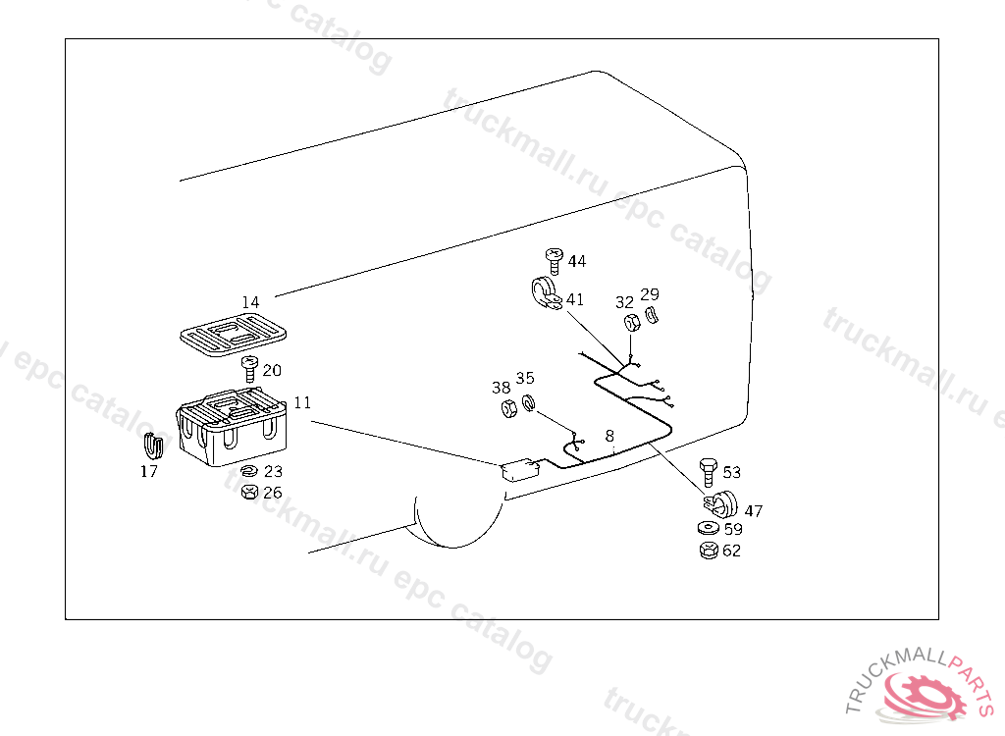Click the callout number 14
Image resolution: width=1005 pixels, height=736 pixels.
tap(250, 302)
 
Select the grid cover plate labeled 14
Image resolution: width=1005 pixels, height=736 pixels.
tap(234, 334)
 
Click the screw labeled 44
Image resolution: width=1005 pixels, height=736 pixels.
tap(555, 260)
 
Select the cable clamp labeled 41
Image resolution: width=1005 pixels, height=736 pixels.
tap(543, 294)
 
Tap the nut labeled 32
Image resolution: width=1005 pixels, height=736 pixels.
tap(632, 322)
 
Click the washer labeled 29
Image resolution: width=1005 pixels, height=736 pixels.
tap(652, 315)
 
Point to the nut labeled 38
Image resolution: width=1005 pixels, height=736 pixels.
tap(508, 407)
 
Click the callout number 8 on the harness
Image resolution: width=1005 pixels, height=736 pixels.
tap(609, 435)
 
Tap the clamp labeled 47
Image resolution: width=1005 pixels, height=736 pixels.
tap(724, 504)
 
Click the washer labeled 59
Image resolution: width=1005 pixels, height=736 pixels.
tap(707, 529)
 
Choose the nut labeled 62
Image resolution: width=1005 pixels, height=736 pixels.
tap(707, 550)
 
